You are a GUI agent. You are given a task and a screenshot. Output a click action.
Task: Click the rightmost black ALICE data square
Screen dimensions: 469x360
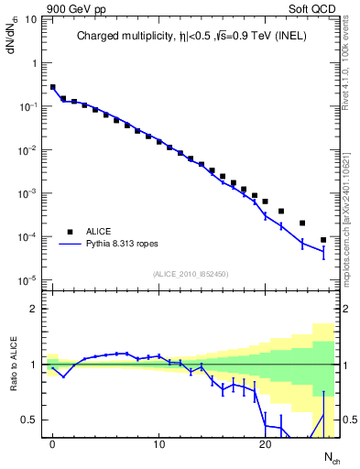323,240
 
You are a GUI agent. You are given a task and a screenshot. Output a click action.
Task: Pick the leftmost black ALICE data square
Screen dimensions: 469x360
53,87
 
